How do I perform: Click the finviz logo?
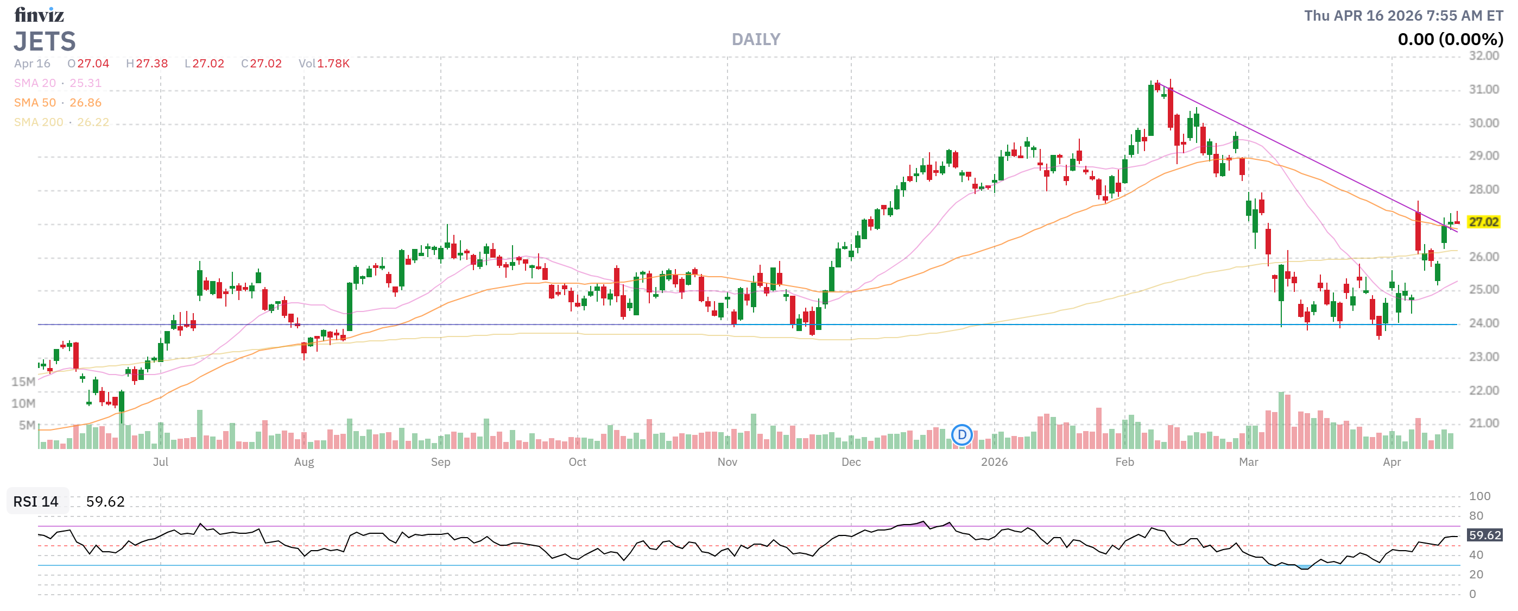click(39, 14)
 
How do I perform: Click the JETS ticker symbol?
click(45, 41)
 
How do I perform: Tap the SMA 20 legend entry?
click(58, 83)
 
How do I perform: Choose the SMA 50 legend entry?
click(58, 103)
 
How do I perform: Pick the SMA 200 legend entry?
click(61, 122)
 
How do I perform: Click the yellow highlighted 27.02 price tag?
click(1483, 222)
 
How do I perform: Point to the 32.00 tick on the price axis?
click(1483, 56)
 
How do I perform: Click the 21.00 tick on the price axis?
click(1483, 423)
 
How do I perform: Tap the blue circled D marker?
click(962, 435)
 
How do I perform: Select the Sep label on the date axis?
click(440, 462)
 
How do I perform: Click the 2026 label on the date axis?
click(994, 462)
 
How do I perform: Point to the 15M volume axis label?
click(23, 382)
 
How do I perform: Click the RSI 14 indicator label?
click(36, 501)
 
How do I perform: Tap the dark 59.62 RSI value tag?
click(1484, 535)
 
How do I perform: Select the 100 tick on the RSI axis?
click(1479, 496)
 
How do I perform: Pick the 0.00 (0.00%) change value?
click(1450, 40)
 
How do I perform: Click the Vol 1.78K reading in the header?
click(324, 64)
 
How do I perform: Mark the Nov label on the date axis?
click(727, 462)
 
